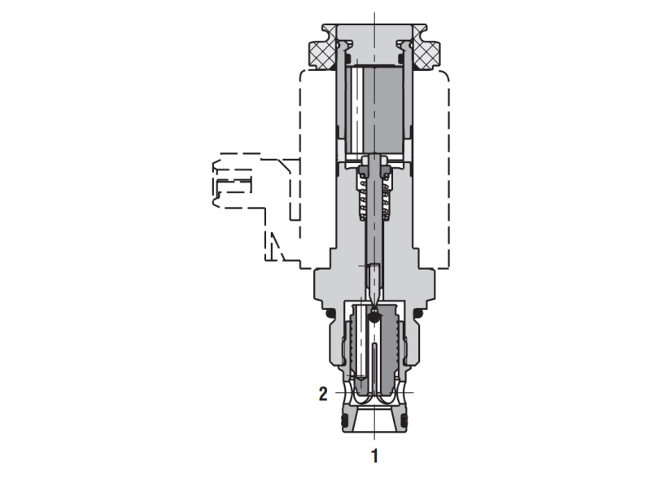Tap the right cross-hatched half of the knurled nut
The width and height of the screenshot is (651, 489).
426,53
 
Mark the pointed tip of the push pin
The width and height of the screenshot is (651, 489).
374,297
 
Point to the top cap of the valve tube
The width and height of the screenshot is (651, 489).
374,37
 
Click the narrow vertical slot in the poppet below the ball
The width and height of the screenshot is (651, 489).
374,363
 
